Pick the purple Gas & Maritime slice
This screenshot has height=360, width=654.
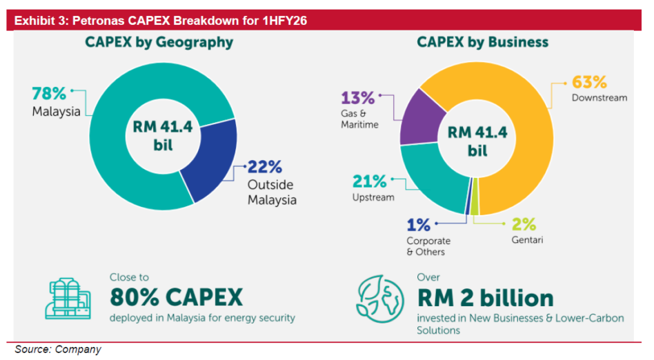420,119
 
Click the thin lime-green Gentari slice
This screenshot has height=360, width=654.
475,196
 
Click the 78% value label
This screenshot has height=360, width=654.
49,93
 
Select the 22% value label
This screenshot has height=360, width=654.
265,167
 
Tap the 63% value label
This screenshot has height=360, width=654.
589,82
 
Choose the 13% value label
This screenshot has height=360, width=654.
357,98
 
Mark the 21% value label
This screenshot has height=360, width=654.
370,181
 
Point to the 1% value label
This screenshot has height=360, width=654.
418,226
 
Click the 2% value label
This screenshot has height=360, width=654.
524,224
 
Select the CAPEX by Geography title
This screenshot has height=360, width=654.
159,42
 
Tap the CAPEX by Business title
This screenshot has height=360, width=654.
483,42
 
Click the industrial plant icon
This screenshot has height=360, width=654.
68,299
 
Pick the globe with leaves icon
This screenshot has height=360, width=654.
380,299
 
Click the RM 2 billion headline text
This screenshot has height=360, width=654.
486,298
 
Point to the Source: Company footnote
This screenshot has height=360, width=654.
58,349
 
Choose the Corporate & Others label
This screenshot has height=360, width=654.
428,246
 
